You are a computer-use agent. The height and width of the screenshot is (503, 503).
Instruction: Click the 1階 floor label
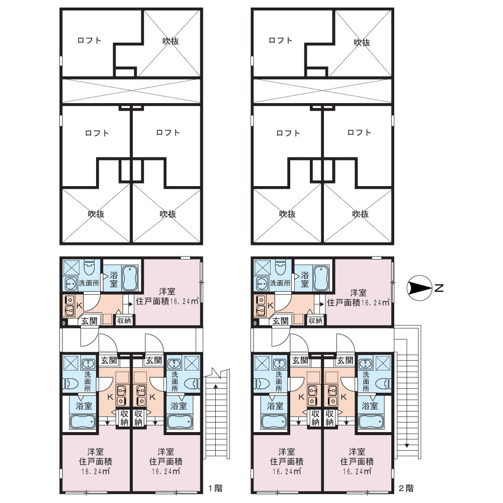tap(215, 488)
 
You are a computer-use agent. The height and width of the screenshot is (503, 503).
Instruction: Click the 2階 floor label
tap(406, 488)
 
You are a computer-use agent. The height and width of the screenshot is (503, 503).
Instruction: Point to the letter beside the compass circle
tap(439, 288)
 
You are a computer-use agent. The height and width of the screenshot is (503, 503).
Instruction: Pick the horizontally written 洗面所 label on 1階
tap(89, 283)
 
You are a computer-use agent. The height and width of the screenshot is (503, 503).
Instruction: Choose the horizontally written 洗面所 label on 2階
tap(280, 283)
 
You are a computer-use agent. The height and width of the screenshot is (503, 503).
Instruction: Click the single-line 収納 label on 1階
tap(124, 320)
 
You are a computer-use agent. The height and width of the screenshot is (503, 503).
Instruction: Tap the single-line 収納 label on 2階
tap(315, 320)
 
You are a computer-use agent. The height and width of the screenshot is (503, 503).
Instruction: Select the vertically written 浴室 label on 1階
tap(114, 279)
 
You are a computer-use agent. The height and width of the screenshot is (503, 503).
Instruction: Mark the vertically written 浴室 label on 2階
tap(305, 279)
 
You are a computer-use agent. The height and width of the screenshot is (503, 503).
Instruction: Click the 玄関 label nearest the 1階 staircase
tap(153, 360)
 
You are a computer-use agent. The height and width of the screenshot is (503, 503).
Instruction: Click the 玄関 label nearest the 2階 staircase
tap(345, 360)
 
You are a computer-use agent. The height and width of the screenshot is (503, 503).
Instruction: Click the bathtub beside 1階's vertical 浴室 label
tap(130, 278)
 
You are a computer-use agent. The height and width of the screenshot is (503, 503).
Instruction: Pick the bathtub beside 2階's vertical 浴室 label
tap(321, 278)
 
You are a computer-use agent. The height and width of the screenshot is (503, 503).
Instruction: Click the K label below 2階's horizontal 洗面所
tap(271, 306)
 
